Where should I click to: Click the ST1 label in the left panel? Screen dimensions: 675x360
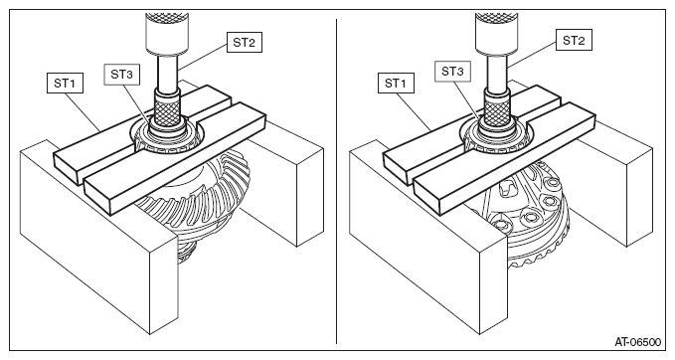coord(65,84)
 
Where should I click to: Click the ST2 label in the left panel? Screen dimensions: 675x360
coord(245,42)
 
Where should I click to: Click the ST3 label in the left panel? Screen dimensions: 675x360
coord(122,74)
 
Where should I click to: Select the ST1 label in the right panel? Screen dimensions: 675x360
coord(396,84)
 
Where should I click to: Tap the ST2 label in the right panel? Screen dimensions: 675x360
coord(574,40)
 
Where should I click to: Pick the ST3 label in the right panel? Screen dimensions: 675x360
coord(452,71)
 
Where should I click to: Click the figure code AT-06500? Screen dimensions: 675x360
coord(637,342)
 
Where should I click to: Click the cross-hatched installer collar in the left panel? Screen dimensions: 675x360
coord(168,111)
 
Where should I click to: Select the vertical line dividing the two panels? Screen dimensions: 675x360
coord(337,181)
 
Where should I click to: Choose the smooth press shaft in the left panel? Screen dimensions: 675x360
coord(167,73)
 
